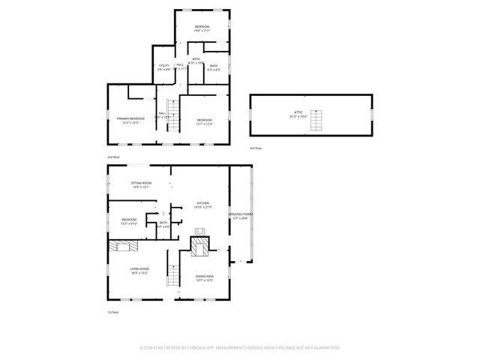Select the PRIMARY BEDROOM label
pos(130,118)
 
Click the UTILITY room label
pos(164,66)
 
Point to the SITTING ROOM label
pos(141,183)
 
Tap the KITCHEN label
pos(203,203)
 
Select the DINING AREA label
pos(204,276)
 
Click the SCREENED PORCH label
pos(241,214)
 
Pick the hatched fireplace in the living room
pos(122,245)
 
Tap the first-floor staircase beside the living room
pos(173,277)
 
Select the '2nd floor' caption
pos(113,157)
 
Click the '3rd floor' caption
pos(256,148)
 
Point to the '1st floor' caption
pos(113,312)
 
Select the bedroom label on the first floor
pos(129,220)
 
